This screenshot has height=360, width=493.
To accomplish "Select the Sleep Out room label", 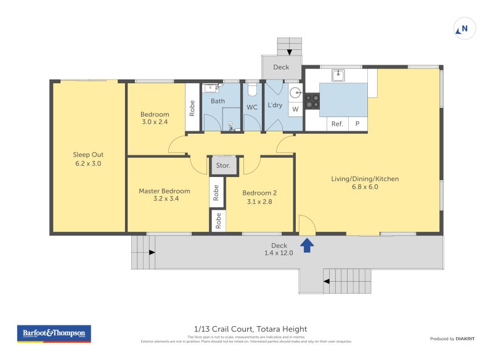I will coord(88,155).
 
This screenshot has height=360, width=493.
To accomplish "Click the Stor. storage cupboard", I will coord(222,165).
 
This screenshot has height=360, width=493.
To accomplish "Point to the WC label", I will coord(252,107).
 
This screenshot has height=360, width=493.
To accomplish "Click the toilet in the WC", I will coord(251,90).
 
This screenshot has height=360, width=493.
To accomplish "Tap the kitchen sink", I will coord(337,76).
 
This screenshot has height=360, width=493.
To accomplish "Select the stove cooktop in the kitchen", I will coord(312,101).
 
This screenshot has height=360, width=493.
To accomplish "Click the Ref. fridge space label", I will coord(337,124).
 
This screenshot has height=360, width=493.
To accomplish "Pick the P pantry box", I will coord(357,124).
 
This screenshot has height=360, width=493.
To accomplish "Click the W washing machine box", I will coord(295,109).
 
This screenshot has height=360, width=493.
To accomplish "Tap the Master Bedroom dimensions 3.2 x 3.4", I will coord(164,199).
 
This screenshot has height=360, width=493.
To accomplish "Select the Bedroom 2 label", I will coord(259,192).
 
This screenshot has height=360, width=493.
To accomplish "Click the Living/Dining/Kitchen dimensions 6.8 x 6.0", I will coord(365,187).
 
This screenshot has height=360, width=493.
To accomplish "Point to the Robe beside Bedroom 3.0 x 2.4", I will coord(192,108).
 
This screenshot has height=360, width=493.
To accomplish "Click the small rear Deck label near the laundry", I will coord(281,67).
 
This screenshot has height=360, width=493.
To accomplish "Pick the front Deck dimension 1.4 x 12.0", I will coord(280,253).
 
